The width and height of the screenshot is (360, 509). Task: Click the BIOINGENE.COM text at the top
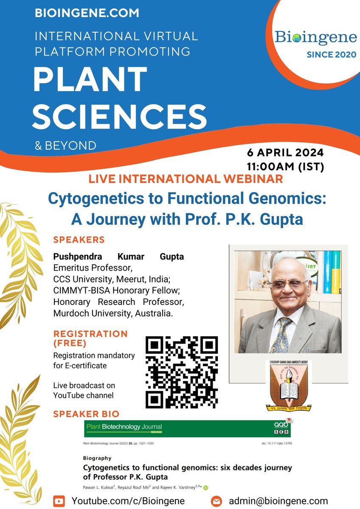coord(87,13)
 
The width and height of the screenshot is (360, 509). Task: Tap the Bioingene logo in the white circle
coord(315,37)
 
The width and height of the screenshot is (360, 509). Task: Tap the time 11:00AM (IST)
coord(285,167)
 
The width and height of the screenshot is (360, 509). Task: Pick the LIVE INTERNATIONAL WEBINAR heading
coord(186,179)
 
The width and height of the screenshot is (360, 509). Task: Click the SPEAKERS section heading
coord(79,240)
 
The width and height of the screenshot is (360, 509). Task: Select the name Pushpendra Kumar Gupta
coord(118,257)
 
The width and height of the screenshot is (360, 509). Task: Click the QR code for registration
coord(182,372)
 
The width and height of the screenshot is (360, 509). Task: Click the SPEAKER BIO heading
coord(86,414)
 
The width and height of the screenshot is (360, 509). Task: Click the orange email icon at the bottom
coord(217,501)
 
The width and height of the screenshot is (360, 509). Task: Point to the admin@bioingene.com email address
coord(278,501)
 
